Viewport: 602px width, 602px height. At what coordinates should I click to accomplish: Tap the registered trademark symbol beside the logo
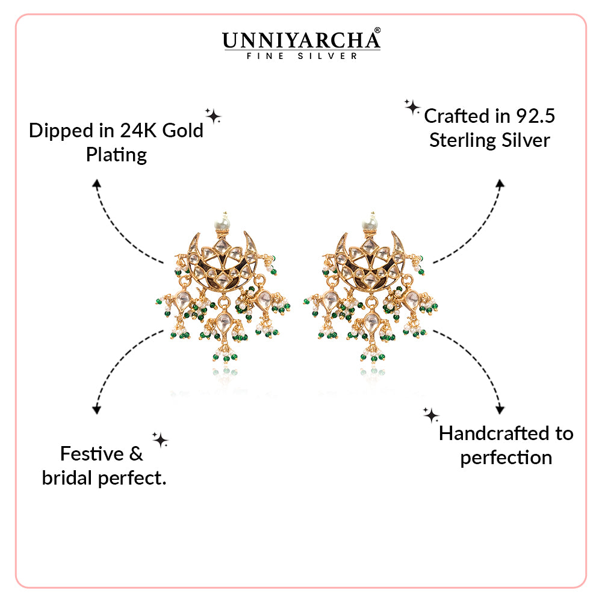click(x=377, y=29)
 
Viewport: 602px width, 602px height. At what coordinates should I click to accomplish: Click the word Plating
click(x=116, y=155)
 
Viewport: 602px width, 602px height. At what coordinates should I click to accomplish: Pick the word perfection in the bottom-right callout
click(x=506, y=458)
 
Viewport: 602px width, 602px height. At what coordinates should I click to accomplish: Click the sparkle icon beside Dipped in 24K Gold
click(x=213, y=115)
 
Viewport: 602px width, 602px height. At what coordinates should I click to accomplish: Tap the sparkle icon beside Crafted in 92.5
click(x=412, y=108)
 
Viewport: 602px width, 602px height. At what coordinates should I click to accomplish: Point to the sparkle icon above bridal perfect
click(x=160, y=440)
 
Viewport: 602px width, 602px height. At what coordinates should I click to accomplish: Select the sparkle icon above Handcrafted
click(x=431, y=414)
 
